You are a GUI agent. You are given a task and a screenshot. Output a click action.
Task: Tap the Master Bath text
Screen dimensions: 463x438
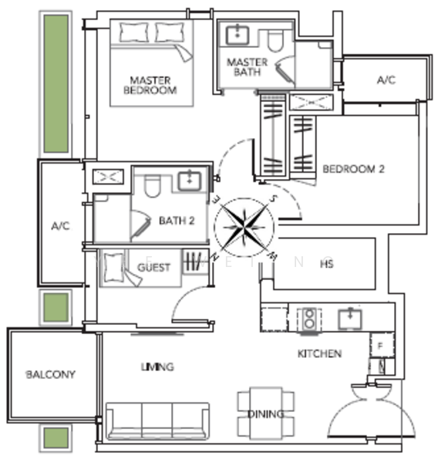pos(248,67)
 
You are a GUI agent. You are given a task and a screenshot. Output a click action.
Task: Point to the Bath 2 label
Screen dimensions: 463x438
pos(177,221)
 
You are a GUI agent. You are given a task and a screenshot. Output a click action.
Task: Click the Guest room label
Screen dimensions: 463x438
pos(154,268)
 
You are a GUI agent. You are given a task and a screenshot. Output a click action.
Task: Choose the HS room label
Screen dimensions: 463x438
pos(326,263)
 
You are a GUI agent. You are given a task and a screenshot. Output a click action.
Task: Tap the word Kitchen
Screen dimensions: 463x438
pos(320,353)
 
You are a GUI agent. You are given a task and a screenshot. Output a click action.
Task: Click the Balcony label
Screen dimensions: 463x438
pos(51,375)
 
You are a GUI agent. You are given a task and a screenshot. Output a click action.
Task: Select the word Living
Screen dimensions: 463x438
pos(158,367)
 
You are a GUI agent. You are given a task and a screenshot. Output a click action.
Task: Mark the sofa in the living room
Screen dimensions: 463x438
pos(157,421)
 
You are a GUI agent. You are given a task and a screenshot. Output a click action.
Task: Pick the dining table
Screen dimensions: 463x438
pos(265,414)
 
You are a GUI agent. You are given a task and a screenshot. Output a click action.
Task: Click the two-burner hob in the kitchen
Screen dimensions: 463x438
pos(310,319)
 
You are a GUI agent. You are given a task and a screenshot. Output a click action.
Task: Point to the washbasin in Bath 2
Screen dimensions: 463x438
pos(190,181)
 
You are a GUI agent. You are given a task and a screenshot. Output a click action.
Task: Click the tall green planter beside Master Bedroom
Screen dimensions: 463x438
pos(55,83)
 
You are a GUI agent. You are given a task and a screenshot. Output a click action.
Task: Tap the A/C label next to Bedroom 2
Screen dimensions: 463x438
pos(386,80)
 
